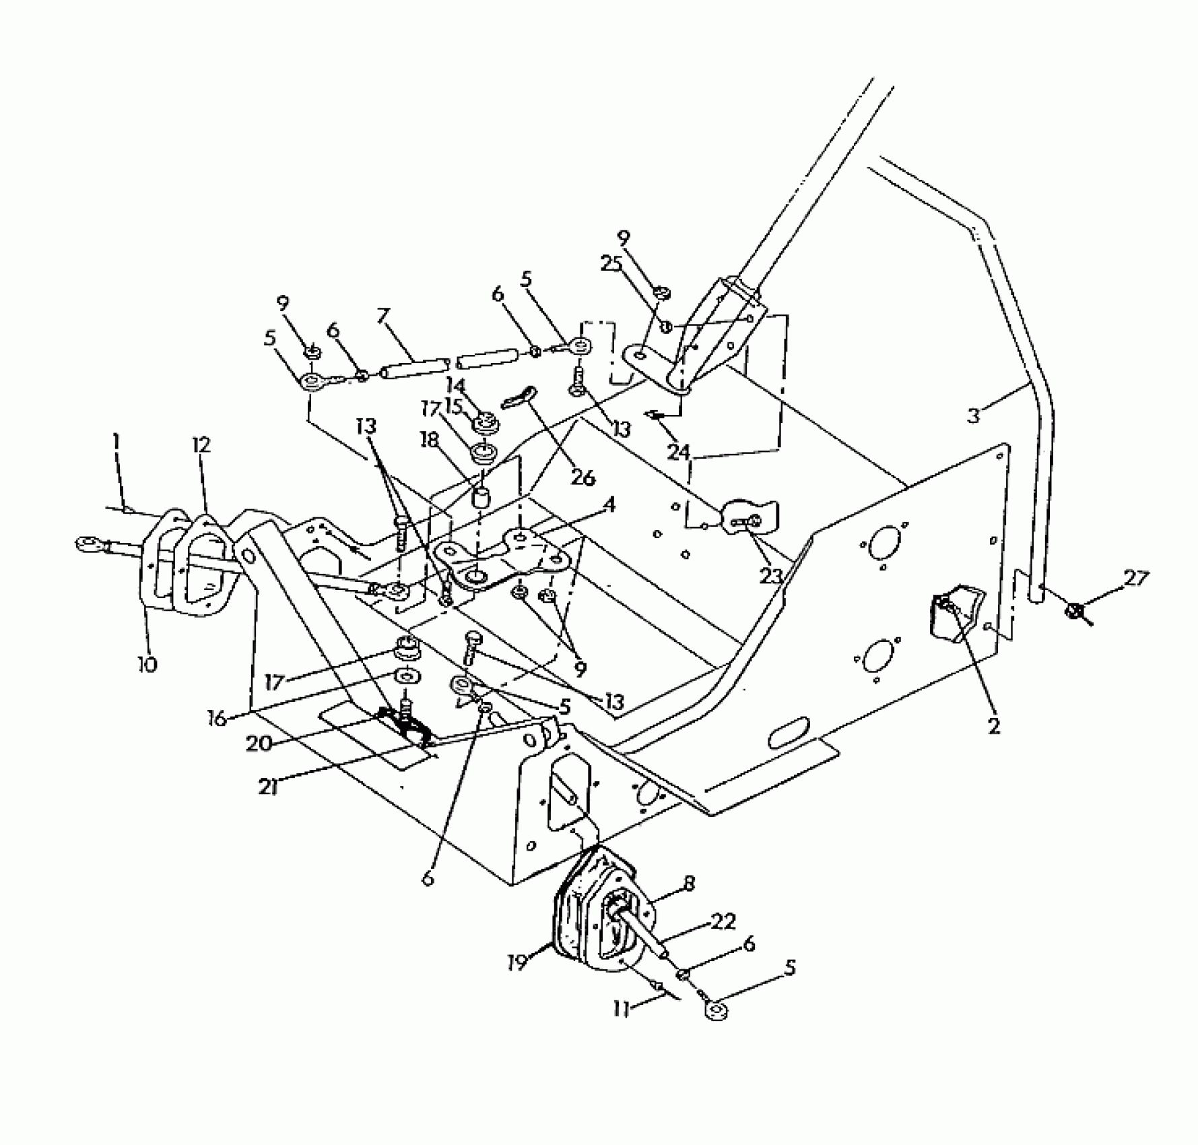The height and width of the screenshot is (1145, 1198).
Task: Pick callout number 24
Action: (679, 451)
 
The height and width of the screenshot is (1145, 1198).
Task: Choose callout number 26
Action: (583, 478)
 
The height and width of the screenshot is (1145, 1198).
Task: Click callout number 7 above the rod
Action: (384, 315)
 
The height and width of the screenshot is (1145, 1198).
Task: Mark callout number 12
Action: (201, 445)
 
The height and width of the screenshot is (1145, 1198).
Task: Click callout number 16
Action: (217, 718)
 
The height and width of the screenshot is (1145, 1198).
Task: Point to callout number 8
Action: (688, 884)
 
